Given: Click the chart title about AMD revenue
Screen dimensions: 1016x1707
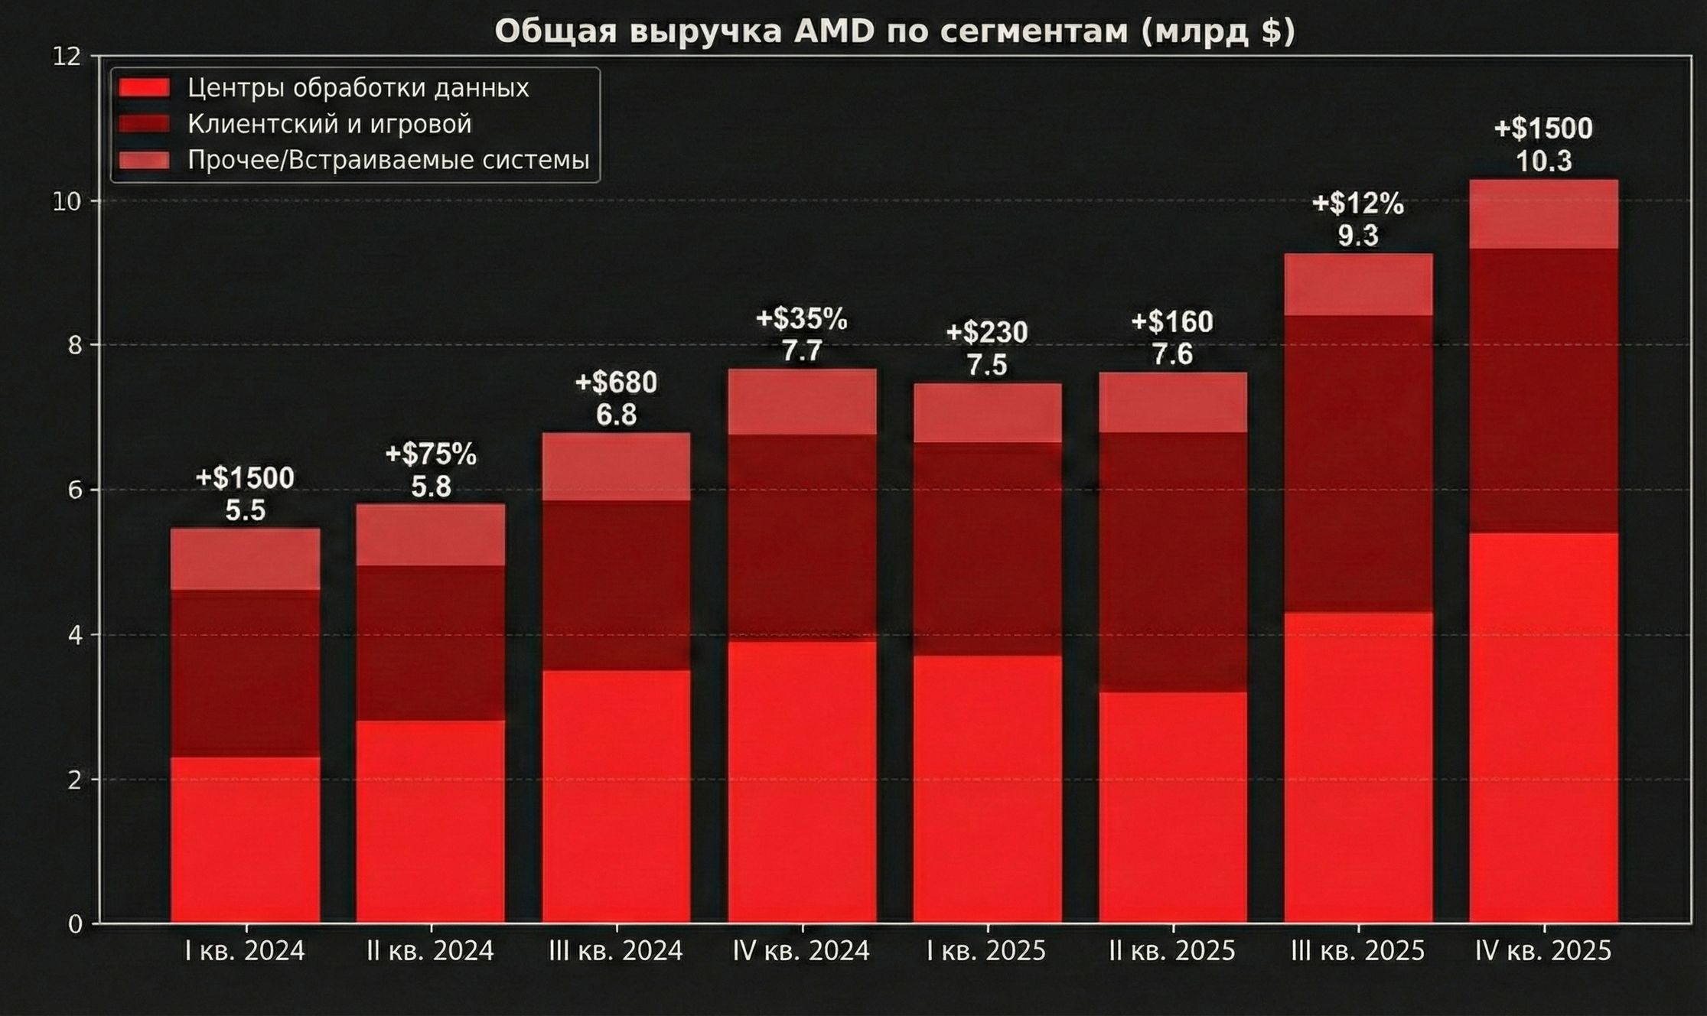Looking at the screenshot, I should point(894,32).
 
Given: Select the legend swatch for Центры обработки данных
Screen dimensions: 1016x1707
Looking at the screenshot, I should point(144,87).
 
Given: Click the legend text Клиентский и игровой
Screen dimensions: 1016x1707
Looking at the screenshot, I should point(330,124).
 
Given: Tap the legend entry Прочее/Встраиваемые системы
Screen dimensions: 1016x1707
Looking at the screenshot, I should point(388,161).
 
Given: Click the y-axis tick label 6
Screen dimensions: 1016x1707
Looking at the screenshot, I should point(75,490).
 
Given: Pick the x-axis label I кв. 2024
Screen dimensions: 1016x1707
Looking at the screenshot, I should point(245,951).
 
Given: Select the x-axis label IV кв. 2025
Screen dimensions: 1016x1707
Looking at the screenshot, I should point(1543,951).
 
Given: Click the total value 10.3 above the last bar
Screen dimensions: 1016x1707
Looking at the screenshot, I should point(1543,161).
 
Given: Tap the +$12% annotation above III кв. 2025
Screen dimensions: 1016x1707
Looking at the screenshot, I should point(1358,204).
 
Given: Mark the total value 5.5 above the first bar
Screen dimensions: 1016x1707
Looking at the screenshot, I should point(245,510).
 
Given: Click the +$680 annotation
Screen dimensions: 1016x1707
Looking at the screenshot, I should point(616,383).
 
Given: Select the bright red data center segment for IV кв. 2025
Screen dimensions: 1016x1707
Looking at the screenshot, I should point(1543,727).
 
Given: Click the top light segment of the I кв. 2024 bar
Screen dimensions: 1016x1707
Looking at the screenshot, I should point(245,558).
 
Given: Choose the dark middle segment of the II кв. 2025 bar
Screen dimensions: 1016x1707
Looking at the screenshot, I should point(1172,562).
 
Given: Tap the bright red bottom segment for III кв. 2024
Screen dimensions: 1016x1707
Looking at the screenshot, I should point(616,796).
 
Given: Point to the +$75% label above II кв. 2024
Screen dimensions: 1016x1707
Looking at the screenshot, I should point(431,454).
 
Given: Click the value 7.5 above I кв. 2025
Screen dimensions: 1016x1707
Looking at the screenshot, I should point(986,365).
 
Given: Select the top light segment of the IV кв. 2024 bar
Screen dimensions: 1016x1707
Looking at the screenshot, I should point(802,402).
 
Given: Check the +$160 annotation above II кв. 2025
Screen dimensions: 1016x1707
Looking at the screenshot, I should point(1172,322).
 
